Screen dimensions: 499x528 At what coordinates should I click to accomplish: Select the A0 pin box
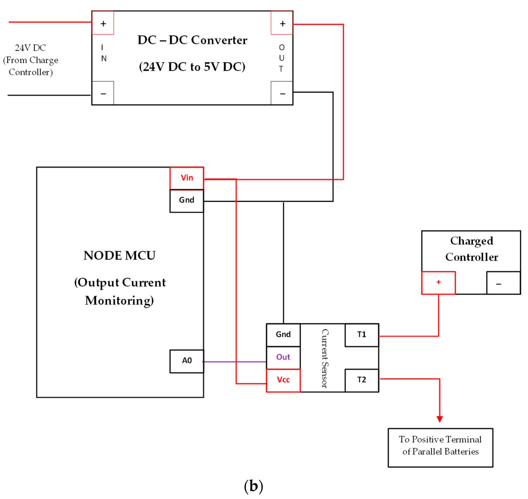[187, 361]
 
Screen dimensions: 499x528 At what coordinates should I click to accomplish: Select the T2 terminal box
[361, 380]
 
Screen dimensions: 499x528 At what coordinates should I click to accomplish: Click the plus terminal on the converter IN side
[103, 23]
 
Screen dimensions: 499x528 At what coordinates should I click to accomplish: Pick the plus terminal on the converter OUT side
[282, 23]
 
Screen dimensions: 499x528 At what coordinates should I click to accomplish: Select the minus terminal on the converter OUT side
[282, 93]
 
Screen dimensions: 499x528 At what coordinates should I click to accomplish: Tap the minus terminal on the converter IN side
[103, 93]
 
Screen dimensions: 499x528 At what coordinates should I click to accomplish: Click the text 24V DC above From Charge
[30, 48]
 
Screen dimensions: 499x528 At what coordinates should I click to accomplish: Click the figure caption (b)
[253, 486]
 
